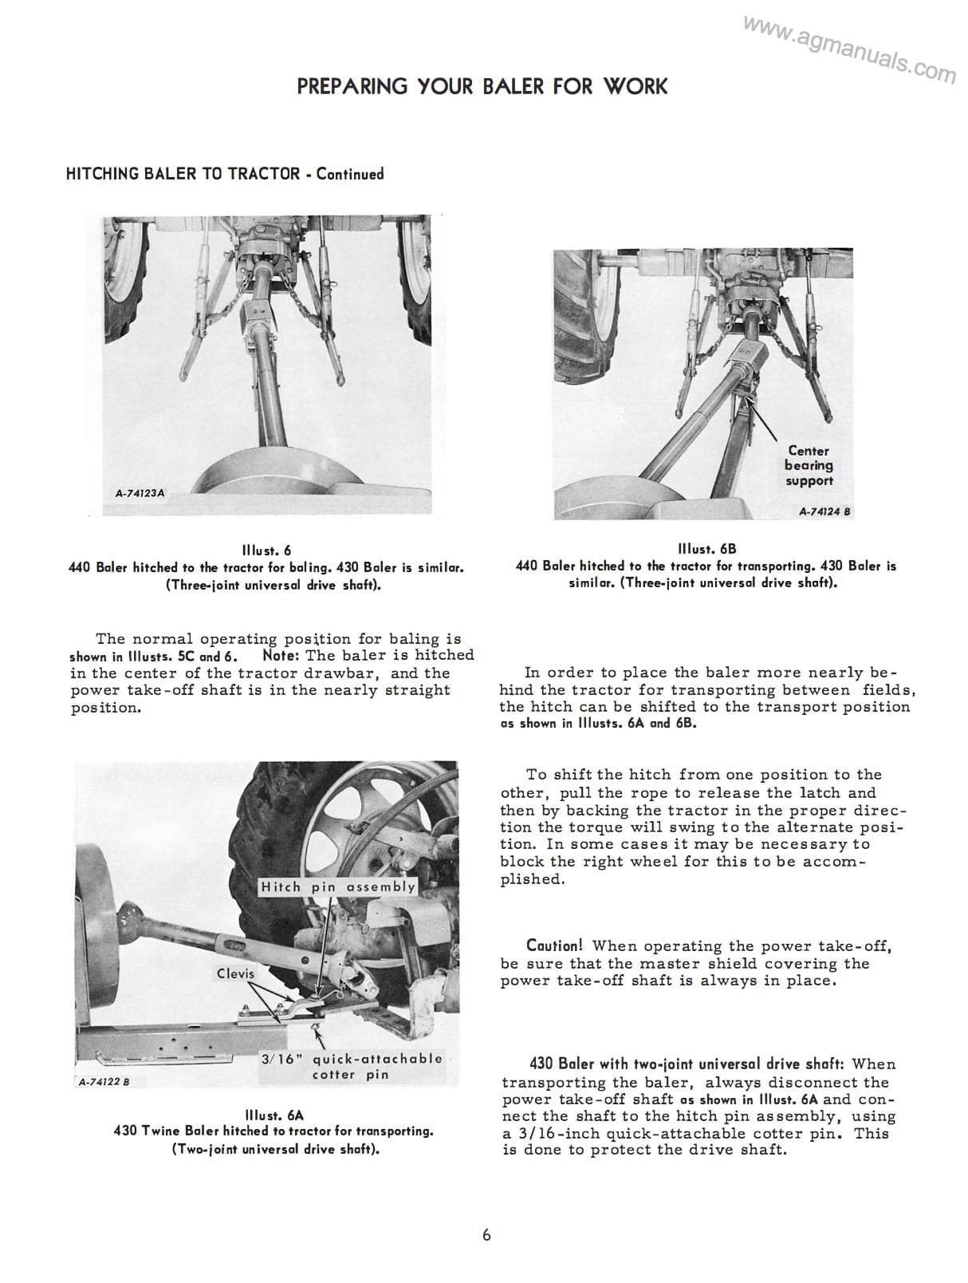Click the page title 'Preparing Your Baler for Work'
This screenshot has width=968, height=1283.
482,86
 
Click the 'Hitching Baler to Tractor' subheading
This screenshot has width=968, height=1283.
183,174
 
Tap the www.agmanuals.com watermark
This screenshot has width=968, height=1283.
849,50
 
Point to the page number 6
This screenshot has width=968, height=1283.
486,1235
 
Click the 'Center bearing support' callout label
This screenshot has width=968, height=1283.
809,466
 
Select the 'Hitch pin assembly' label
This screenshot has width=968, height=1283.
338,886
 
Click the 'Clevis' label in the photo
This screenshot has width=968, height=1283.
235,973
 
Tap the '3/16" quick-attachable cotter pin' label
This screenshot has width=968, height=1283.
351,1067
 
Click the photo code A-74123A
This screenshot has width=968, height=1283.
140,493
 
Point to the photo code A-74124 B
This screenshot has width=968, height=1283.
825,511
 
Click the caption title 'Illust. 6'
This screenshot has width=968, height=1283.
266,551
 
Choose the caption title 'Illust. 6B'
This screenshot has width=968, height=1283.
706,549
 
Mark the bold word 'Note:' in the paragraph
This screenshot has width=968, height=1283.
281,656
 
